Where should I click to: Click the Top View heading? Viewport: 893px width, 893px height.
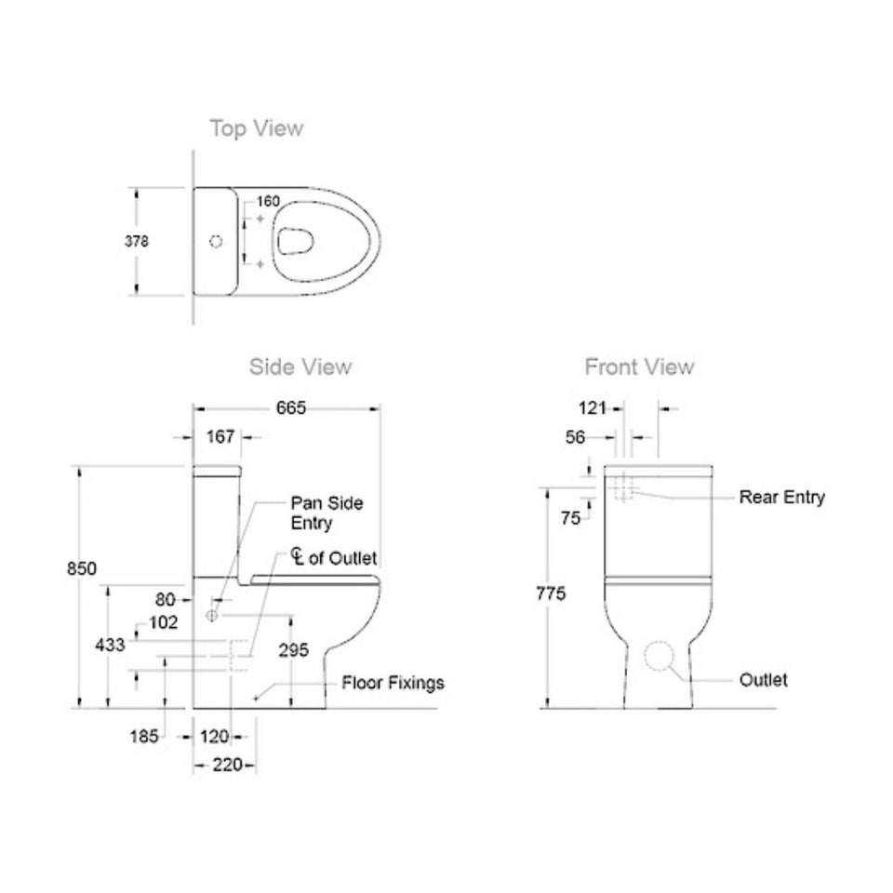pyautogui.click(x=257, y=128)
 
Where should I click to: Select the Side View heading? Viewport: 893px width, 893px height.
pyautogui.click(x=300, y=367)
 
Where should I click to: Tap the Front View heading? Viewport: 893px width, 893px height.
pyautogui.click(x=639, y=367)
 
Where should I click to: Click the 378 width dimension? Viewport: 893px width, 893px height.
pyautogui.click(x=137, y=242)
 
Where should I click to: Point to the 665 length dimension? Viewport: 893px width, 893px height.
pyautogui.click(x=291, y=407)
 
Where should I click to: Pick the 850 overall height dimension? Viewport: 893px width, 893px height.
pyautogui.click(x=82, y=568)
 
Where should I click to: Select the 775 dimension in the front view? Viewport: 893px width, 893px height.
pyautogui.click(x=551, y=593)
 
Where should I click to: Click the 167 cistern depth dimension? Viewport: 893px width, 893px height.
pyautogui.click(x=220, y=437)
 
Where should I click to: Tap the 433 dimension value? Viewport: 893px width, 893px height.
pyautogui.click(x=110, y=645)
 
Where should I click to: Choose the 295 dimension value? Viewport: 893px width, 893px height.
pyautogui.click(x=293, y=650)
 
